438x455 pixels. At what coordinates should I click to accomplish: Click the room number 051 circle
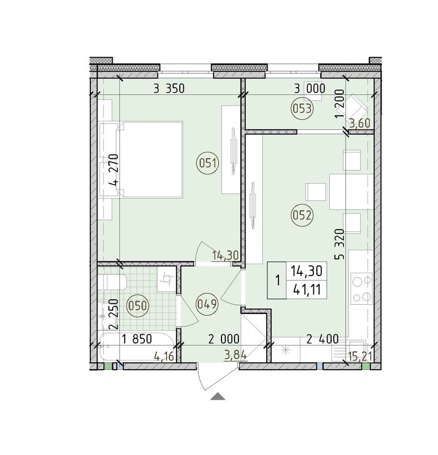208,164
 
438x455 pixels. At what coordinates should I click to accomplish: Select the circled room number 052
302,215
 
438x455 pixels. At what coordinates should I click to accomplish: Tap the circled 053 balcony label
302,109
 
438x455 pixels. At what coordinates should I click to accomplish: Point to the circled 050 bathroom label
138,306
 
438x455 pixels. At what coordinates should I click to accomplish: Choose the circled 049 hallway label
207,304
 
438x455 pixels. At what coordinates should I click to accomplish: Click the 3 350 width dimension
169,89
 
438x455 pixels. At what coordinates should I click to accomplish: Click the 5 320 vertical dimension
340,244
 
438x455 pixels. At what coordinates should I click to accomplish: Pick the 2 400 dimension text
322,339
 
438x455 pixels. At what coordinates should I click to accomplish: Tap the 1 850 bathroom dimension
137,339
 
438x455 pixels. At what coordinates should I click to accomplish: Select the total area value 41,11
307,289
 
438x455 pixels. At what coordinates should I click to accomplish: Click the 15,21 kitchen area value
360,356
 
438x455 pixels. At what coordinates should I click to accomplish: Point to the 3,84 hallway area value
236,355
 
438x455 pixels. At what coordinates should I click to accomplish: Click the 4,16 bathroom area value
163,356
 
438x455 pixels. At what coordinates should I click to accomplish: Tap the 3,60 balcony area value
360,124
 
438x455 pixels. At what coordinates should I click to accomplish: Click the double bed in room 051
149,159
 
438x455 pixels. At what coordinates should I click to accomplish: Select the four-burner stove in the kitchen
361,288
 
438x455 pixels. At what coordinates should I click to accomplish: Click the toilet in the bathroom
112,282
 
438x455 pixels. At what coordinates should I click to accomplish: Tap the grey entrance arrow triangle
218,396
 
